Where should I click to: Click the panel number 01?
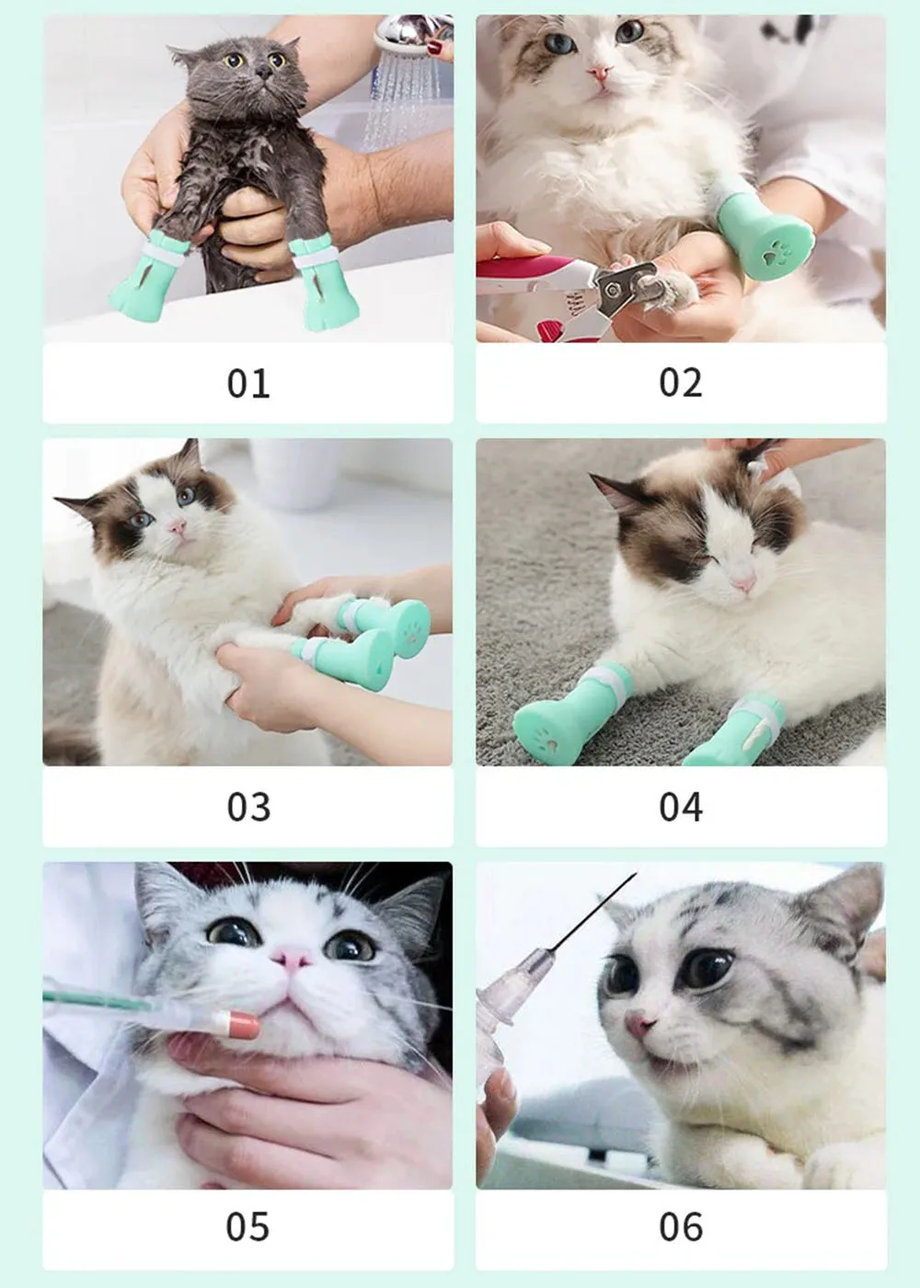pos(248,383)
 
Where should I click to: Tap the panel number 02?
pos(681,383)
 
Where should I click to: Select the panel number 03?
pos(248,807)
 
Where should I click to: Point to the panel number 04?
pos(681,807)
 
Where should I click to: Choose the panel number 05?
pos(247,1230)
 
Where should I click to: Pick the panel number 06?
pos(681,1230)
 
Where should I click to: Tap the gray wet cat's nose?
pos(263,73)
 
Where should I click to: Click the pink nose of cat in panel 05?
pos(292,958)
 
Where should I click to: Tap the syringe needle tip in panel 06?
pos(636,873)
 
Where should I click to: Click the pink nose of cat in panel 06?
pos(640,1024)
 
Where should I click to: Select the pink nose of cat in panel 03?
pos(178,526)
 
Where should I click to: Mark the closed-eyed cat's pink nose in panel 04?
pos(743,583)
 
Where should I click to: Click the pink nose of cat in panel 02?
pos(600,73)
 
